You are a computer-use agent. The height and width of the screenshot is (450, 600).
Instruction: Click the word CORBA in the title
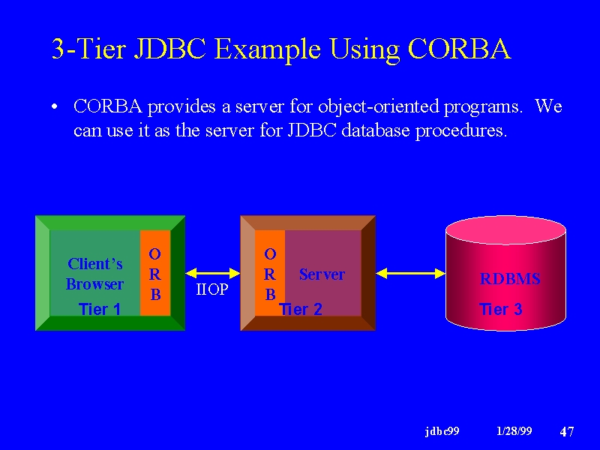click(x=460, y=49)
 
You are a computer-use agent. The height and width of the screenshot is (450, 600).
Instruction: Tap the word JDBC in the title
click(x=170, y=49)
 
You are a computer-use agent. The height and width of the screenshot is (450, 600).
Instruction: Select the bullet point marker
click(x=55, y=106)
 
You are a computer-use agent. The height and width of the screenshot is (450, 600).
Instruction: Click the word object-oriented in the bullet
click(x=379, y=106)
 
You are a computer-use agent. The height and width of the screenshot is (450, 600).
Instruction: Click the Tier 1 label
click(x=100, y=309)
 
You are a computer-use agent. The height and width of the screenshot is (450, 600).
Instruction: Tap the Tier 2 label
click(x=301, y=309)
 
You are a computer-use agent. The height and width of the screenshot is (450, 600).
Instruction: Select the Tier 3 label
click(x=500, y=309)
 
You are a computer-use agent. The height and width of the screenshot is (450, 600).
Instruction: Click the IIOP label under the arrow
click(x=212, y=289)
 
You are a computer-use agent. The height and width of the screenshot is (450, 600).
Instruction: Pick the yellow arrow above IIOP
click(x=213, y=273)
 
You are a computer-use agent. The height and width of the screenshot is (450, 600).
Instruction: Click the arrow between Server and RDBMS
click(x=410, y=273)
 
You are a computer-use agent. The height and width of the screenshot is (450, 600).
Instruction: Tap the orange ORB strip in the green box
click(x=155, y=273)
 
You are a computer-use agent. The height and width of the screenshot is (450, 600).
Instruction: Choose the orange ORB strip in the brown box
click(x=270, y=273)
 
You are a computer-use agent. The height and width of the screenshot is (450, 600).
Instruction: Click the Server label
click(x=322, y=274)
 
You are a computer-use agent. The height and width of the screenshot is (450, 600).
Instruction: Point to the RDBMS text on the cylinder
click(x=510, y=279)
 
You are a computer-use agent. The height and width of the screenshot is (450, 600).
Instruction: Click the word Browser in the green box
click(x=94, y=284)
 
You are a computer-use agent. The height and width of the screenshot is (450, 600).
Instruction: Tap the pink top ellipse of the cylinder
click(x=505, y=229)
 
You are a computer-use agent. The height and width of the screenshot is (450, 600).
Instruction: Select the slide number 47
click(x=567, y=432)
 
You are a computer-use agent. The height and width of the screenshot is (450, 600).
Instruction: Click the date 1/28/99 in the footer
click(x=514, y=431)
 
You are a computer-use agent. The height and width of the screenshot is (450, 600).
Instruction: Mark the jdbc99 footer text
click(x=442, y=432)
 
